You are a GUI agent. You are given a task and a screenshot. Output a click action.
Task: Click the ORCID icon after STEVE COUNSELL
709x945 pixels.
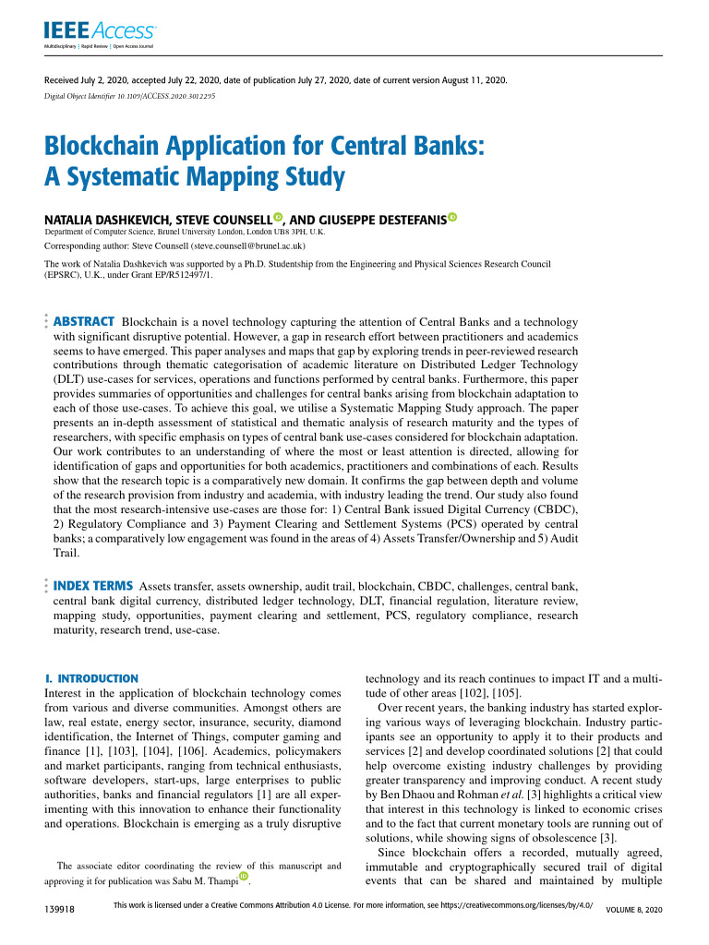click(278, 218)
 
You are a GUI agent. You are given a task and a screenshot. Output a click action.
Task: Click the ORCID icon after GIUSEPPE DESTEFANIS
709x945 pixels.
click(452, 218)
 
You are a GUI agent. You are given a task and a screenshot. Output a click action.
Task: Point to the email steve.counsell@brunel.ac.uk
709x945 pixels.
click(242, 247)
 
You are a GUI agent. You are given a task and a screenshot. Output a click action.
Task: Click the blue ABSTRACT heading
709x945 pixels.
click(84, 321)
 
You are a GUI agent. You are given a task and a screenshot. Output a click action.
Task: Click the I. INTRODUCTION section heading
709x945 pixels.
click(91, 678)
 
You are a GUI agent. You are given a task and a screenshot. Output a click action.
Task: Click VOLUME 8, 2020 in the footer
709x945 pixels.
click(633, 910)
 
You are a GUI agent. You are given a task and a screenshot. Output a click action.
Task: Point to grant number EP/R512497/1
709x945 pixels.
click(181, 274)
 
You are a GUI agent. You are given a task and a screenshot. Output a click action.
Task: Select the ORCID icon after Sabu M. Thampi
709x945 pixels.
click(245, 876)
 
